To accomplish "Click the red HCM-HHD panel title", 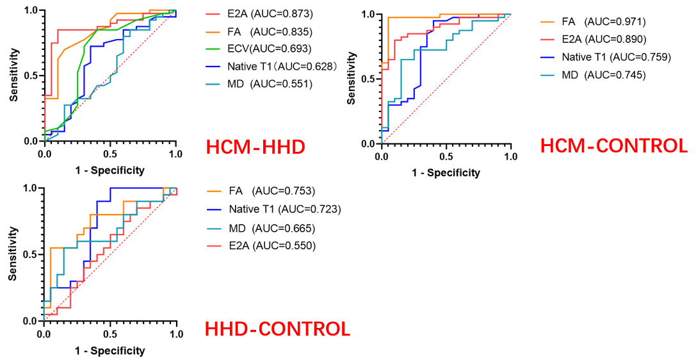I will (x=255, y=147).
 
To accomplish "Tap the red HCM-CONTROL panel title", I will (x=613, y=146).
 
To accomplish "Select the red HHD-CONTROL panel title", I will (x=277, y=329).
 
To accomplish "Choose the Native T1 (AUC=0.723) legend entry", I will (x=281, y=209).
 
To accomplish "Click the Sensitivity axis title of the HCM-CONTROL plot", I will (x=352, y=79).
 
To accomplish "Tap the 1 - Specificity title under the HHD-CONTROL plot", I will (x=109, y=350).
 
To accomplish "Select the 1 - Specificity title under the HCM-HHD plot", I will (x=109, y=170).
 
